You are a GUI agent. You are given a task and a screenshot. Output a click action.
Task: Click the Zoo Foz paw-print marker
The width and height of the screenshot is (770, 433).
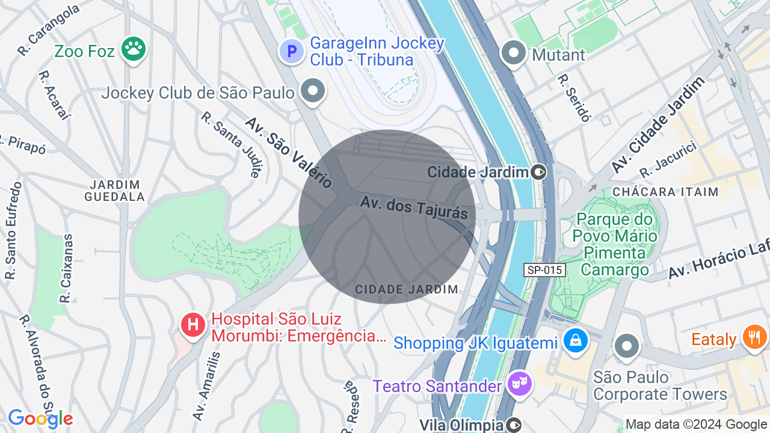click(133, 49)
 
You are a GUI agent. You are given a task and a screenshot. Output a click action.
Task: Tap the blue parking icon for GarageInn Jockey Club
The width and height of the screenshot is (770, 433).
click(292, 51)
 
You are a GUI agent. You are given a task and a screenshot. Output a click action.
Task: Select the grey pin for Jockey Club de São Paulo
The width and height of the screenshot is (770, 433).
click(313, 91)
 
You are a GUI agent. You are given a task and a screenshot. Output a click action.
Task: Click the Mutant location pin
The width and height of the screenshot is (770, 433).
click(514, 53)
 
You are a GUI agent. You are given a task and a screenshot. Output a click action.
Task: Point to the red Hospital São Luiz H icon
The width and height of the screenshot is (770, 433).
click(193, 325)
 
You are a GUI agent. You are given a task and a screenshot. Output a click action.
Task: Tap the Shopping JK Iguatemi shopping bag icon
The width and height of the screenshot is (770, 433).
click(576, 340)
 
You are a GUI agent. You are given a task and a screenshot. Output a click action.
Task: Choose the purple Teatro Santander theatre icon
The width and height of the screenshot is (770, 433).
click(520, 383)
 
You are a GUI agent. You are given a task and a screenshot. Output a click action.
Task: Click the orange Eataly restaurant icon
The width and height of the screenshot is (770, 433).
click(754, 336)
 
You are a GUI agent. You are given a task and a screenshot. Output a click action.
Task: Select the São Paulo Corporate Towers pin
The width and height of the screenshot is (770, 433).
click(627, 346)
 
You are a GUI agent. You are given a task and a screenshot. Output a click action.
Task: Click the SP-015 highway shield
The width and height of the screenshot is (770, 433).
click(544, 270)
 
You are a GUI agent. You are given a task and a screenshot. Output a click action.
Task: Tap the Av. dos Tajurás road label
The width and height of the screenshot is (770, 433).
click(414, 207)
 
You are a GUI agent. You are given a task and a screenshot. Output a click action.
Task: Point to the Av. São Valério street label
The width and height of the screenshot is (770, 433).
click(289, 152)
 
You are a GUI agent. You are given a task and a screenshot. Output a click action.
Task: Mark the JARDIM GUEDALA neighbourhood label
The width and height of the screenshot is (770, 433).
click(115, 191)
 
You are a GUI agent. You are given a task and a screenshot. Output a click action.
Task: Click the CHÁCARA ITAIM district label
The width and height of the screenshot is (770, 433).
click(665, 192)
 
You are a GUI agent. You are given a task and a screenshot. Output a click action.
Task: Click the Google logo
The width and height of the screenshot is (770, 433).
click(40, 419)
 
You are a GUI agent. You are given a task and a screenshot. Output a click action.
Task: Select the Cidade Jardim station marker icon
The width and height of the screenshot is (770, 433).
click(538, 173)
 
